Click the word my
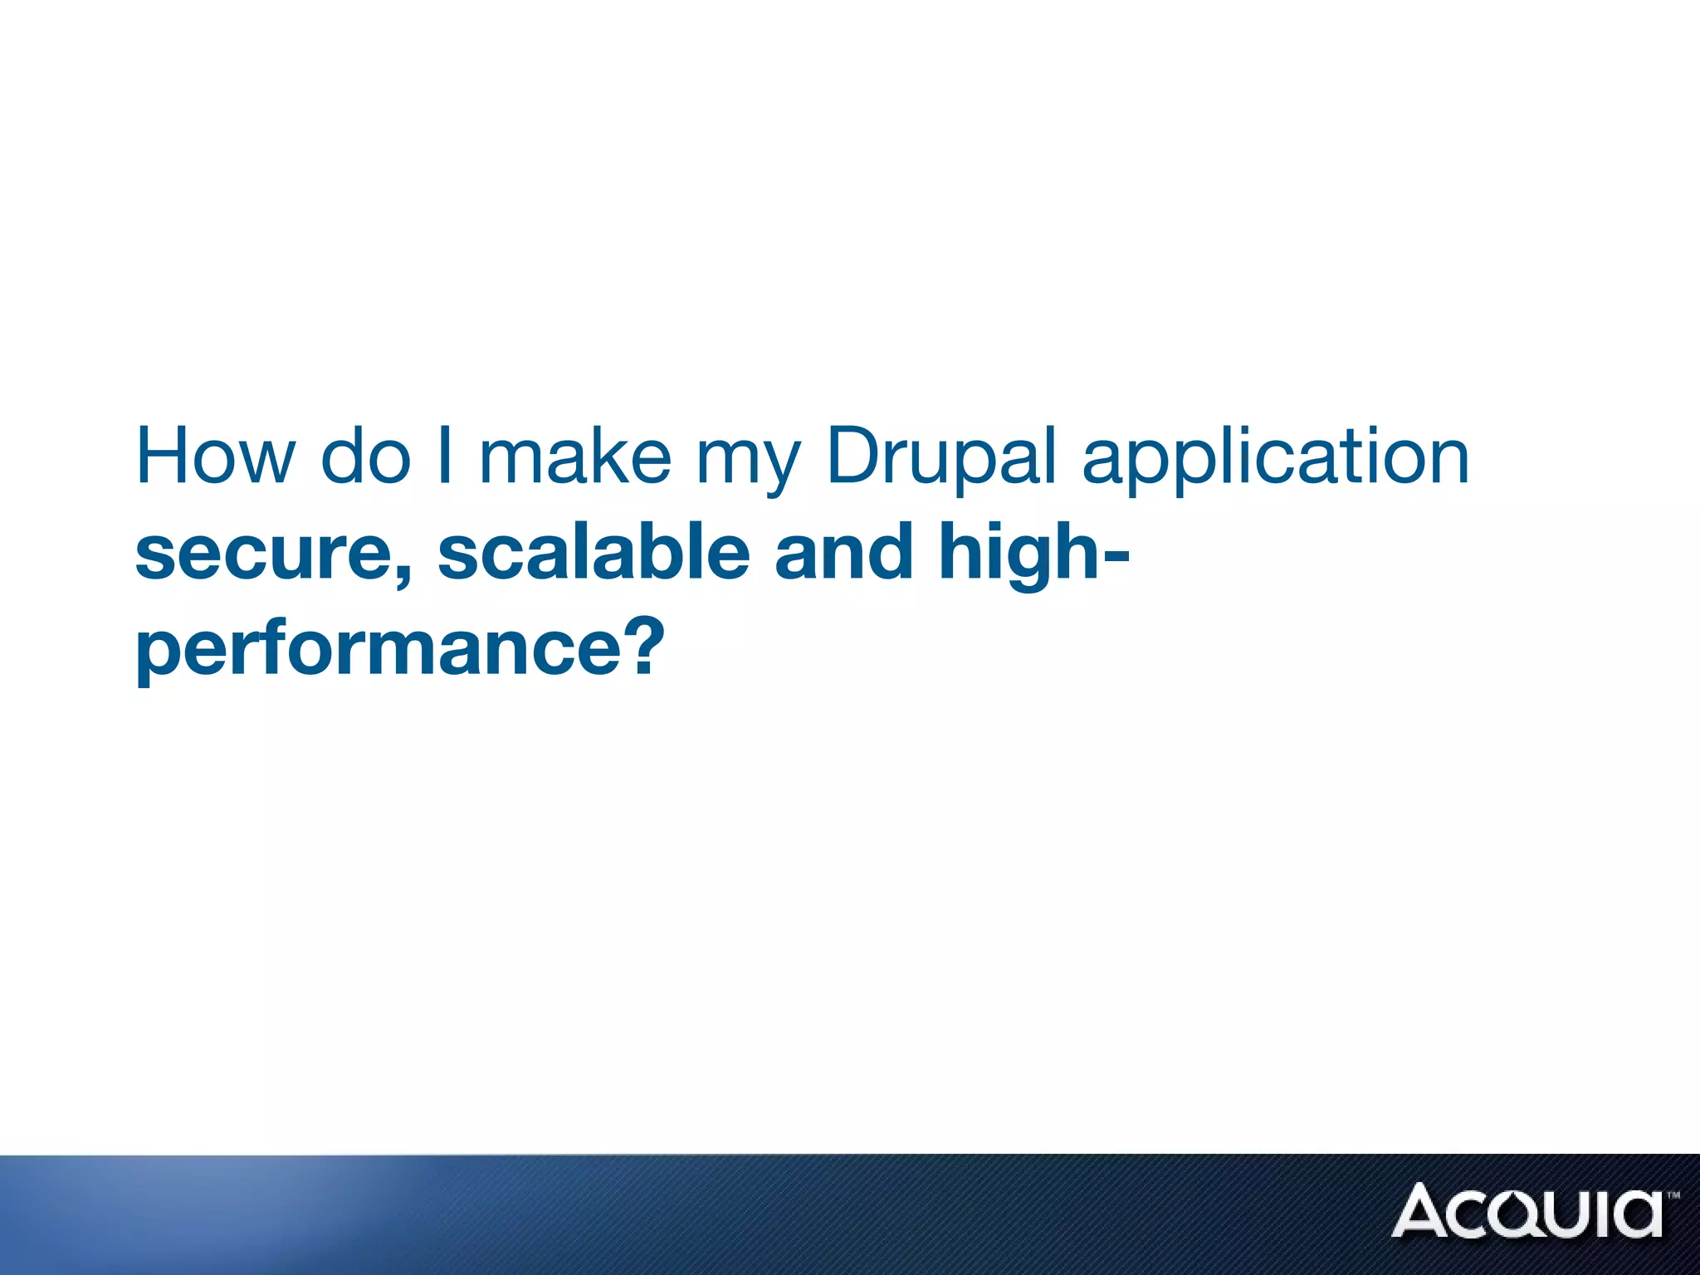[x=748, y=465]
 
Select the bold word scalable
[x=594, y=552]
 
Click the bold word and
[x=844, y=552]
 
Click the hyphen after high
[x=1117, y=556]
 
